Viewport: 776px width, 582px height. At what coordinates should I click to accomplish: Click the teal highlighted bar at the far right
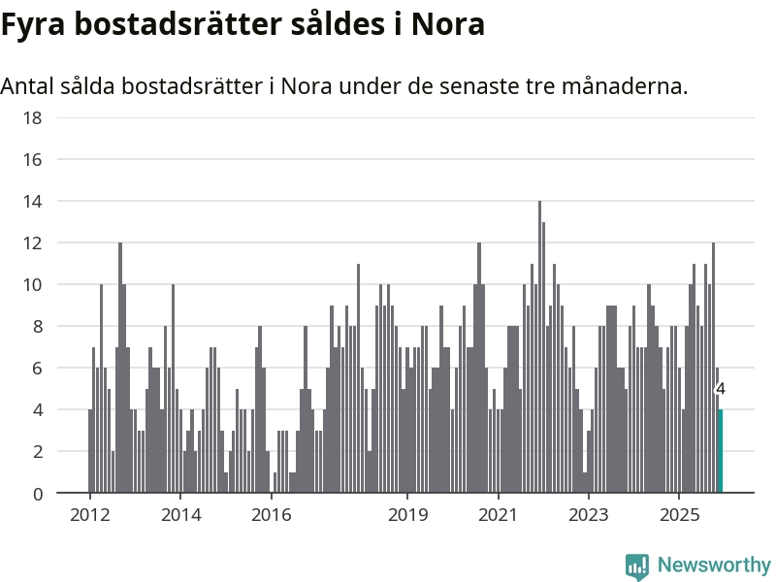[721, 451]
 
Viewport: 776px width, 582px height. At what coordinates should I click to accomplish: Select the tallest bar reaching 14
[539, 347]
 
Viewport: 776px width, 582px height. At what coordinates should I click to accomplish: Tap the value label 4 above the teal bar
[720, 389]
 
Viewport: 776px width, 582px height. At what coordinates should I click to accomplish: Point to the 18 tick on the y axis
[33, 118]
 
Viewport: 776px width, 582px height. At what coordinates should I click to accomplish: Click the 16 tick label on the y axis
[33, 160]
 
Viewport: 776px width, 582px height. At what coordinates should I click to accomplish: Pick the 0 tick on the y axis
[38, 494]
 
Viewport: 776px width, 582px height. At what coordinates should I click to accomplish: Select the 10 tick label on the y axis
[33, 285]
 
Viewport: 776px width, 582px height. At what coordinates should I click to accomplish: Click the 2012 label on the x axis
[90, 514]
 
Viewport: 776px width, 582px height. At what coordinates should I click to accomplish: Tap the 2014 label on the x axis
[181, 514]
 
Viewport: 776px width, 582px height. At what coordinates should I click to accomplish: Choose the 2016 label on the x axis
[272, 514]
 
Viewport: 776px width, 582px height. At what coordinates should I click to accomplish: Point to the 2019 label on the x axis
[408, 514]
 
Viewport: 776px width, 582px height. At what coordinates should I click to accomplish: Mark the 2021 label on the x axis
[499, 514]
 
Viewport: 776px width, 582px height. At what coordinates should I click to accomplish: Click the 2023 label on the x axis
[589, 514]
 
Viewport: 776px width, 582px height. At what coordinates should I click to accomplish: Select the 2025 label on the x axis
[679, 514]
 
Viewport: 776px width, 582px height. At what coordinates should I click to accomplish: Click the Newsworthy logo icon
[637, 566]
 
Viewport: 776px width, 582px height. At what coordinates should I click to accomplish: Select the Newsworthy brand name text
[714, 565]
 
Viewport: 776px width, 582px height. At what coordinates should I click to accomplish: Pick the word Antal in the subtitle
[26, 85]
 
